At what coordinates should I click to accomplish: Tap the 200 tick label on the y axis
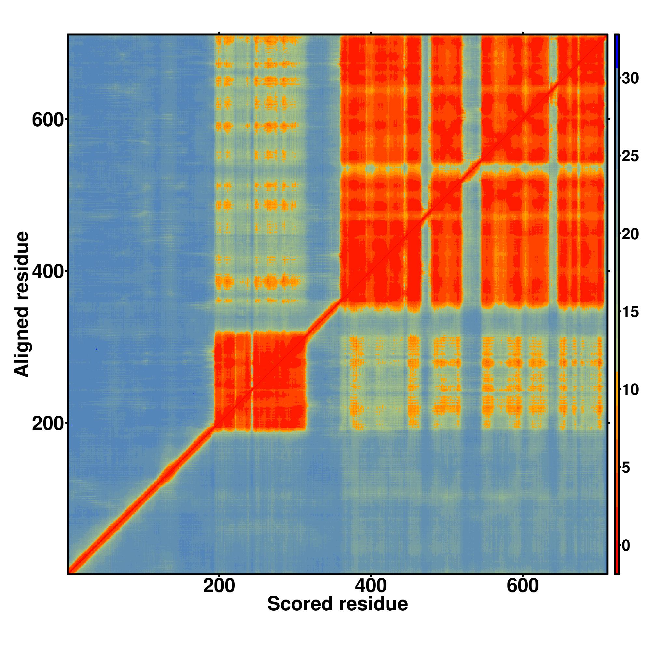(48, 424)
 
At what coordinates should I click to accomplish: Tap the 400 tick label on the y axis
(48, 271)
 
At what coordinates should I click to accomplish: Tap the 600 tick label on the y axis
(48, 120)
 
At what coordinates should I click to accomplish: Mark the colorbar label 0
(626, 546)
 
